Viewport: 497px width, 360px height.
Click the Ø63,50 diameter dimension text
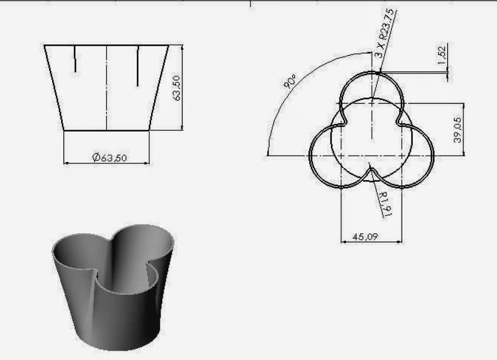(x=110, y=157)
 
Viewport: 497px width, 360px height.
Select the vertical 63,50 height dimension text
(x=177, y=88)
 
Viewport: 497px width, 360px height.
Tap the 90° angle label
(x=290, y=81)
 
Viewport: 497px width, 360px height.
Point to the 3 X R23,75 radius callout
(x=385, y=33)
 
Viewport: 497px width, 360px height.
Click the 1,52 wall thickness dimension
(x=442, y=55)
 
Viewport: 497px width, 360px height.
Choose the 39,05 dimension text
(x=457, y=130)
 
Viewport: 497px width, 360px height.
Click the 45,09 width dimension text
(x=365, y=237)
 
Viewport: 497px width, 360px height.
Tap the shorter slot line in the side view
(x=75, y=59)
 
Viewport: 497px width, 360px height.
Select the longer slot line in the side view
(x=138, y=66)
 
